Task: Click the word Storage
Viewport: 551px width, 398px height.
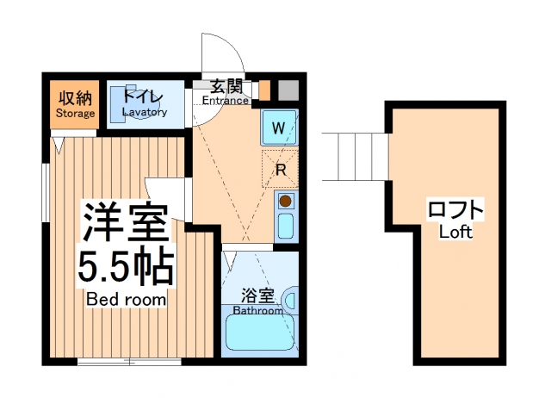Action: (75, 113)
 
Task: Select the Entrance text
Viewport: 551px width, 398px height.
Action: (225, 101)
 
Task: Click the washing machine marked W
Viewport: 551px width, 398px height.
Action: (278, 128)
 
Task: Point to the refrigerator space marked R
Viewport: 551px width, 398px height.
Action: (280, 169)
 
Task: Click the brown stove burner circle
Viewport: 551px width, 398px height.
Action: (285, 202)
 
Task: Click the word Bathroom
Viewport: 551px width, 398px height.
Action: (258, 311)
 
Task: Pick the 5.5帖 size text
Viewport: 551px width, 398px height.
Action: (127, 267)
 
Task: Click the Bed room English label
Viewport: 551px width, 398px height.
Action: (127, 299)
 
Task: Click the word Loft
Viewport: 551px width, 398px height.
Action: (455, 233)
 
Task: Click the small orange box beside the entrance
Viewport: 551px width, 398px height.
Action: (265, 90)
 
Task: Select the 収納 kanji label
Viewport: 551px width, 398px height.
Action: (75, 96)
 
